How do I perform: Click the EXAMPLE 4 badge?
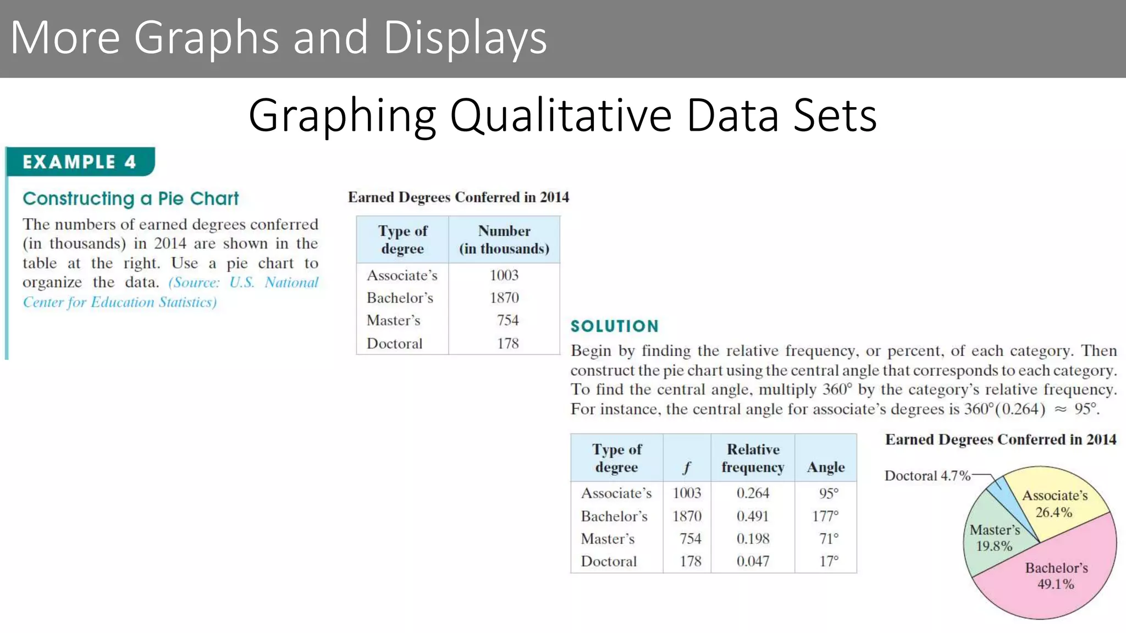tap(79, 162)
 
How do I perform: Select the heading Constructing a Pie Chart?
tap(131, 198)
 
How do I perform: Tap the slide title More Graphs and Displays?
tap(278, 37)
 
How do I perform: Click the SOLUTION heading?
tap(614, 326)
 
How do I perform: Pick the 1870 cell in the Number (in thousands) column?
tap(504, 298)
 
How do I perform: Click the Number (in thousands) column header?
tap(504, 240)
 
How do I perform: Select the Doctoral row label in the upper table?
tap(395, 343)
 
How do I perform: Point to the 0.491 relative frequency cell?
tap(753, 516)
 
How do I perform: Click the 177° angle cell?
tap(825, 516)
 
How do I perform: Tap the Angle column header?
tap(826, 467)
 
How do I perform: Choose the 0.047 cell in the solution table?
tap(753, 561)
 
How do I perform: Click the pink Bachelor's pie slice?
tap(1056, 582)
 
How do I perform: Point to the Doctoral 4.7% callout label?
tap(928, 476)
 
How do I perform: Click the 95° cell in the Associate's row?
tap(829, 493)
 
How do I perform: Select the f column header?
tap(687, 468)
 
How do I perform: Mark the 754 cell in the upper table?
tap(507, 320)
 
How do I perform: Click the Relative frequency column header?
tap(753, 458)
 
